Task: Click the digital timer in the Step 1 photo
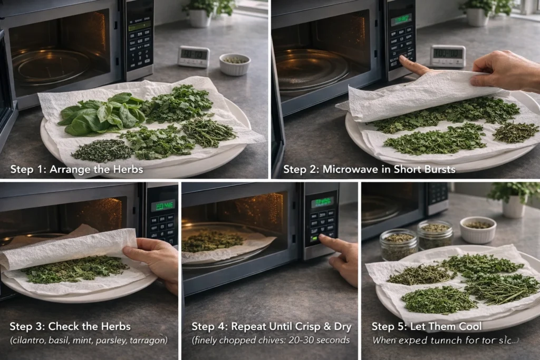coord(193,56)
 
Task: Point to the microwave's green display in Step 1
coord(139,26)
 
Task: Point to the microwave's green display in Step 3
coord(163,206)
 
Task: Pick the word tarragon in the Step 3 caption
coord(149,340)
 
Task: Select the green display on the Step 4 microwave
coord(322,202)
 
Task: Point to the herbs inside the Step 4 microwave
coord(214,240)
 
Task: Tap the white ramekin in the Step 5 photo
coord(478,229)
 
